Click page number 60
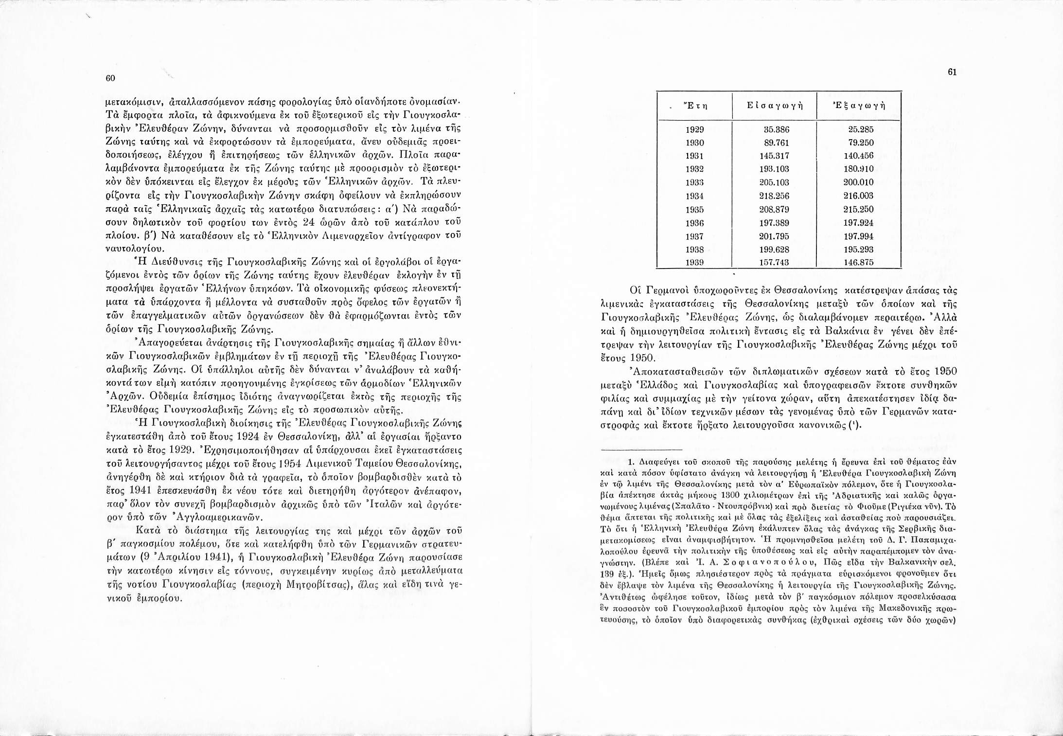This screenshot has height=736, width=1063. pyautogui.click(x=110, y=78)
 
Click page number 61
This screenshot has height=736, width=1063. pyautogui.click(x=952, y=72)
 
